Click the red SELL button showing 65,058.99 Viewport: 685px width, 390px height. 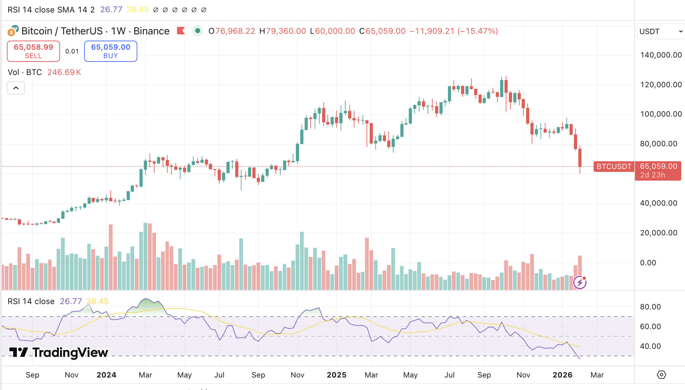click(x=33, y=51)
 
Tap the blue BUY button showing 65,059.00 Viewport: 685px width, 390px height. click(x=110, y=51)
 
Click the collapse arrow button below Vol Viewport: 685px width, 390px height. click(x=16, y=88)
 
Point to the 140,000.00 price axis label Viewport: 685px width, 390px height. click(x=661, y=55)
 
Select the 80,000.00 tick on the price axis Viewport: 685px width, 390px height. click(x=658, y=144)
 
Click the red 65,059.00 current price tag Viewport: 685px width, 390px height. click(x=658, y=170)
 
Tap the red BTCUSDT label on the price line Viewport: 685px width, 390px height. click(x=614, y=167)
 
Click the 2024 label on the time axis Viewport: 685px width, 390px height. click(x=106, y=375)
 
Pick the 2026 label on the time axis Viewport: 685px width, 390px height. click(x=562, y=375)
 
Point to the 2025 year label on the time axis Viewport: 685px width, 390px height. click(x=337, y=375)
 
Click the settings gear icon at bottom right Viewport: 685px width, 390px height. click(x=661, y=375)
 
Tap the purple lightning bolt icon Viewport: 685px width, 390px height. click(x=580, y=283)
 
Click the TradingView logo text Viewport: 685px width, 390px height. click(x=59, y=352)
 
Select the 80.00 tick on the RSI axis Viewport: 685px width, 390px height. click(x=650, y=307)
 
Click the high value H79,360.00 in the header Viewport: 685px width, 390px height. click(x=282, y=31)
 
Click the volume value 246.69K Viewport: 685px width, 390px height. click(x=64, y=72)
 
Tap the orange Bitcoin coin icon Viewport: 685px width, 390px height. click(x=12, y=32)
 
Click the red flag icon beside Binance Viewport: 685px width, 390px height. click(x=181, y=31)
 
